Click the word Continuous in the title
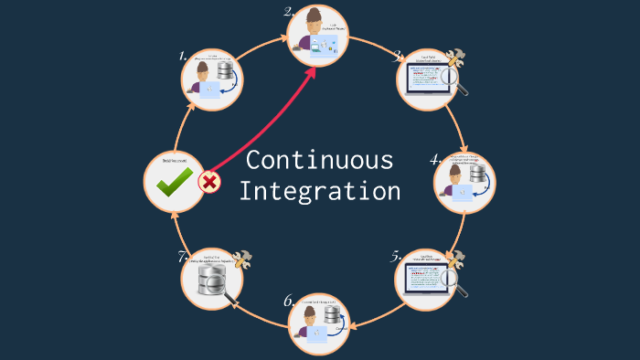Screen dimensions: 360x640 319,160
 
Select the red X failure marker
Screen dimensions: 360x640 209,181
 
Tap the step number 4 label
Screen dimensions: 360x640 436,159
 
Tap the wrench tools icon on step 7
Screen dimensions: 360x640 242,260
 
